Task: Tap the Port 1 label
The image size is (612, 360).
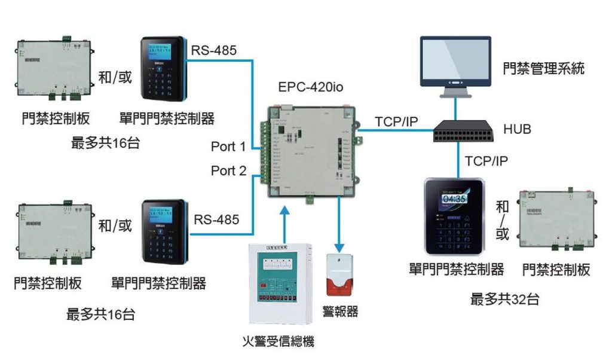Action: pyautogui.click(x=228, y=146)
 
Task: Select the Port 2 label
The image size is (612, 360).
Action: pyautogui.click(x=228, y=171)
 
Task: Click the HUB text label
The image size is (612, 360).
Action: pyautogui.click(x=517, y=129)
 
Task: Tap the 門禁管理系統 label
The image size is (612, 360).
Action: pyautogui.click(x=543, y=69)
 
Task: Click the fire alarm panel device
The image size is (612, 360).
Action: pyautogui.click(x=280, y=282)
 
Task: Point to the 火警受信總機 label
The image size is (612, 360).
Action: pyautogui.click(x=279, y=341)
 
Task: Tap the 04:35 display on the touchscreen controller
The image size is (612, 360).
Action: pyautogui.click(x=453, y=199)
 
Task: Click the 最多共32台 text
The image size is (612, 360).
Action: pyautogui.click(x=505, y=298)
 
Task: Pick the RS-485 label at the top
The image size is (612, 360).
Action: pyautogui.click(x=214, y=50)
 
